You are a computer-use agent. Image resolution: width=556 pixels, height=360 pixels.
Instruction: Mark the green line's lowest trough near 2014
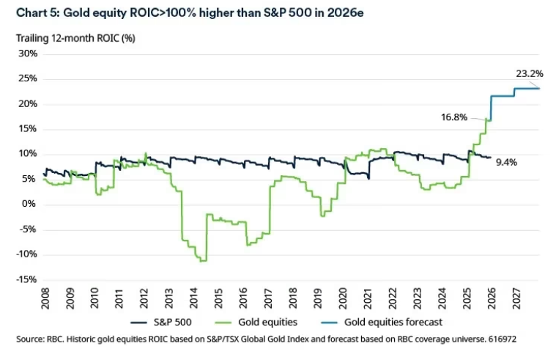pos(203,260)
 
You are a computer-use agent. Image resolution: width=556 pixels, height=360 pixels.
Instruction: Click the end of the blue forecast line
pos(539,89)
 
